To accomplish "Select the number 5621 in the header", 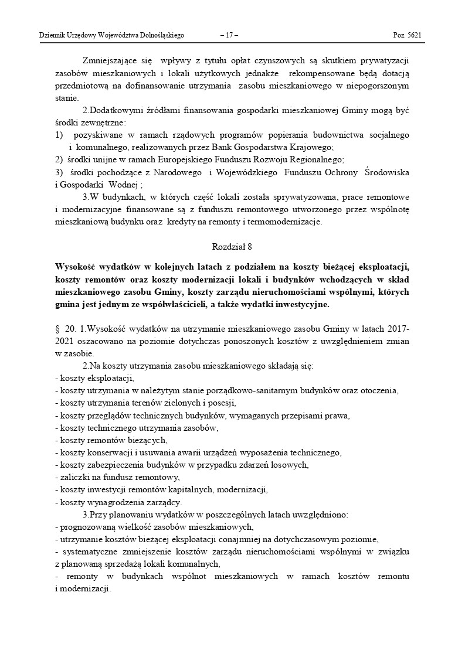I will pos(414,35).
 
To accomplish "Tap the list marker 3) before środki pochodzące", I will pos(58,172).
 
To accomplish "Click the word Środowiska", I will pos(386,172).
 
